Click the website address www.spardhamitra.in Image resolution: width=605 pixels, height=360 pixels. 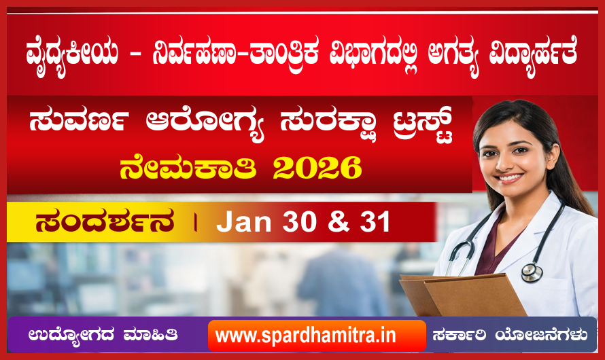tap(306, 336)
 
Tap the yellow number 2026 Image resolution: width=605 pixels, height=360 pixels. tap(317, 168)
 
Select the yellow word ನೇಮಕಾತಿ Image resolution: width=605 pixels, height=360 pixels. tap(188, 168)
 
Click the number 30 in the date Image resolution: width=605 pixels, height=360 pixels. tap(300, 221)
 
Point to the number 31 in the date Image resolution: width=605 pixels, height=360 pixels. tap(375, 221)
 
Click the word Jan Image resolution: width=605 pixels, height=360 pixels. tap(244, 221)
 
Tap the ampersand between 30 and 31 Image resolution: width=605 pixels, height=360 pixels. tap(339, 221)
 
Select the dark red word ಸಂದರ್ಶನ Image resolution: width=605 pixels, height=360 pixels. tap(105, 221)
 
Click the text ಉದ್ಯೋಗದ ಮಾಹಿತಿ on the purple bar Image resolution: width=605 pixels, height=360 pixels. tap(103, 335)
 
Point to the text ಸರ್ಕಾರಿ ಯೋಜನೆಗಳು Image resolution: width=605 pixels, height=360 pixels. tap(510, 335)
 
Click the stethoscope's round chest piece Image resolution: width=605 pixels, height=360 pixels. tap(532, 272)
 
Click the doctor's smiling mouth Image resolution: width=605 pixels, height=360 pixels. tap(509, 178)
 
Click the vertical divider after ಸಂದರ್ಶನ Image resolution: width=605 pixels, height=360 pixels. tap(196, 222)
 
